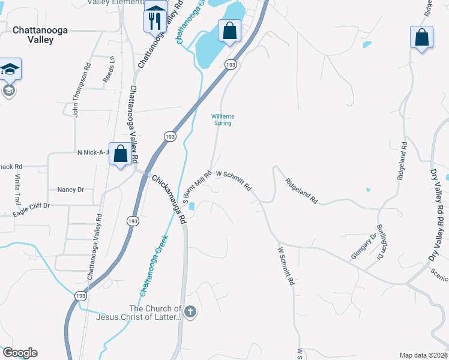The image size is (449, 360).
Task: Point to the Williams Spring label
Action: click(x=223, y=119)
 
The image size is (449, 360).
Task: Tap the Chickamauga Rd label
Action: click(x=169, y=199)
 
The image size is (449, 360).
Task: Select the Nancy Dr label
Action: click(x=70, y=190)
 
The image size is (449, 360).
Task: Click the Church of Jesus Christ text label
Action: click(x=150, y=313)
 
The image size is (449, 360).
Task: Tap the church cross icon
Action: click(x=190, y=311)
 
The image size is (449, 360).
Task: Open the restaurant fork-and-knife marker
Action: click(x=155, y=19)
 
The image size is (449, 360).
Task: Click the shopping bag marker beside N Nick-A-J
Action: click(x=121, y=154)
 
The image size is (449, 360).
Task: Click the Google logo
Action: click(x=19, y=353)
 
